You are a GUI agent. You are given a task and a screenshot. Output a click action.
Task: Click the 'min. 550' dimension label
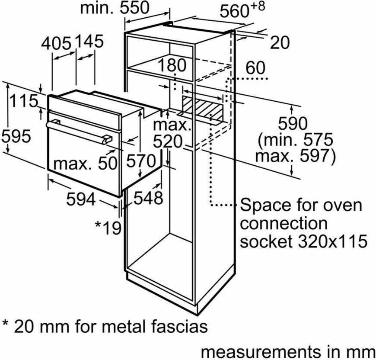[115, 8]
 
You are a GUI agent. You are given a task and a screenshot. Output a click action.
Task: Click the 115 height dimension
[23, 101]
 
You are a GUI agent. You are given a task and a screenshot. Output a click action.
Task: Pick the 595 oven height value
[16, 137]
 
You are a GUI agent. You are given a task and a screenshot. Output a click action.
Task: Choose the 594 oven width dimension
[81, 199]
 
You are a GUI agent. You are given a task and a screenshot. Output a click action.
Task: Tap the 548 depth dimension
[148, 198]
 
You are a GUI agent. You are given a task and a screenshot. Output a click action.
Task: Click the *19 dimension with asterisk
[108, 228]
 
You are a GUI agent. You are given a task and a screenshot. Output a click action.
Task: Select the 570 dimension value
[141, 161]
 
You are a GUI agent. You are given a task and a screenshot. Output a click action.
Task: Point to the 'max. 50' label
[86, 164]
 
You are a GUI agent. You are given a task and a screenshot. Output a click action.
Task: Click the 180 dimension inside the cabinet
[172, 65]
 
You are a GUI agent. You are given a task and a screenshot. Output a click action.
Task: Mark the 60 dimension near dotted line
[255, 67]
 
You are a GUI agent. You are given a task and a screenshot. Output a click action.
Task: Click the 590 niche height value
[293, 124]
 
